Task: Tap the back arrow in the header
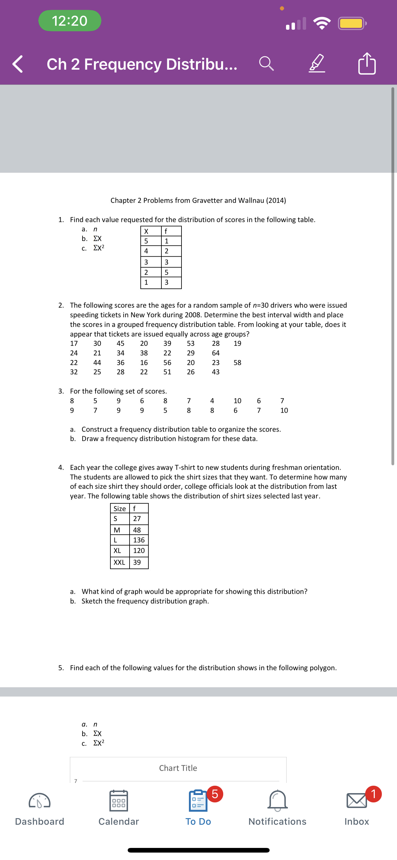pos(18,64)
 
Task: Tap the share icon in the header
pos(367,63)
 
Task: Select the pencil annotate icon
pos(316,63)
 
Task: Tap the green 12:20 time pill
pos(70,21)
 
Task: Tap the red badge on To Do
pos(215,794)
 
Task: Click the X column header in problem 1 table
pos(146,231)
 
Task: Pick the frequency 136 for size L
pos(139,540)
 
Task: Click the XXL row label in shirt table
pos(119,562)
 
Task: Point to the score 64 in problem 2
pos(216,353)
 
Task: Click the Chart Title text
pos(178,768)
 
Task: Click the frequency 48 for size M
pos(137,530)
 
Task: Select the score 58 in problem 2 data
pos(237,363)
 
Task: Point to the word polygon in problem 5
pos(322,668)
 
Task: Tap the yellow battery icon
pos(352,23)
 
